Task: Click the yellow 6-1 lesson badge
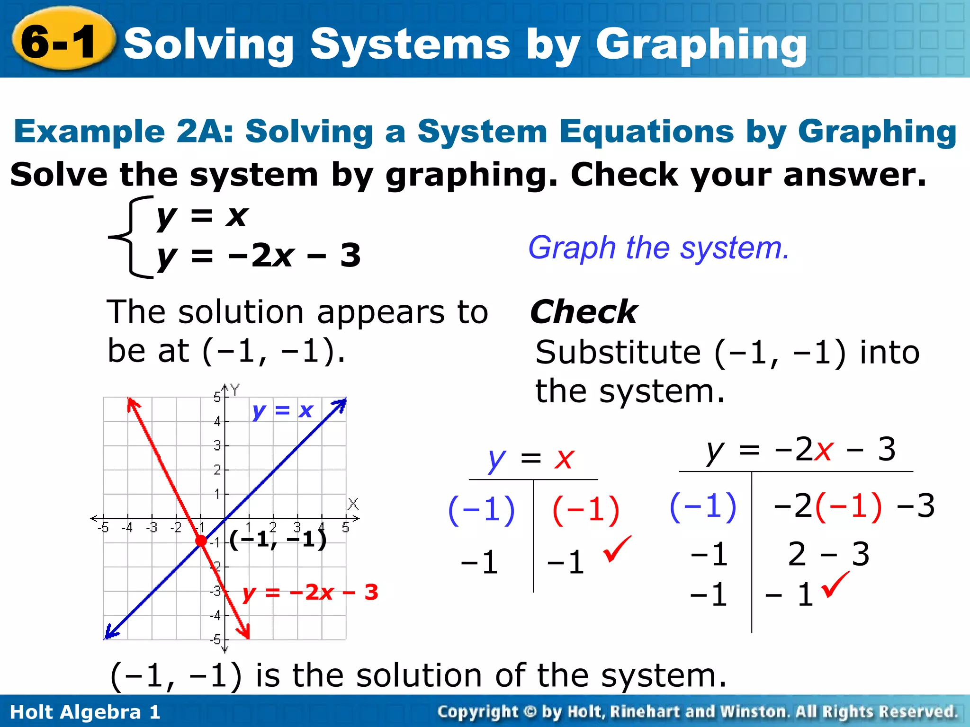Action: (61, 42)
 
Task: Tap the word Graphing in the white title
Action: (701, 45)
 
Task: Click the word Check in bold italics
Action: (584, 312)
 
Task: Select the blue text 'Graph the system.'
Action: (658, 248)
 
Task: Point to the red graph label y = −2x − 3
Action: (310, 593)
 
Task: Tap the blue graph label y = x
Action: (283, 410)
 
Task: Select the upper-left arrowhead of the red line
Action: (133, 405)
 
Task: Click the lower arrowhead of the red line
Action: (245, 631)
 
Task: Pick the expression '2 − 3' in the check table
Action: (828, 554)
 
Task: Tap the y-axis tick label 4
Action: (217, 421)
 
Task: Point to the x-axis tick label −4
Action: (127, 527)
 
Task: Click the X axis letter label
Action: (353, 504)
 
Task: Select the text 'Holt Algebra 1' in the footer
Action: (85, 712)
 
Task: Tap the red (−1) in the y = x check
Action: (585, 510)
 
